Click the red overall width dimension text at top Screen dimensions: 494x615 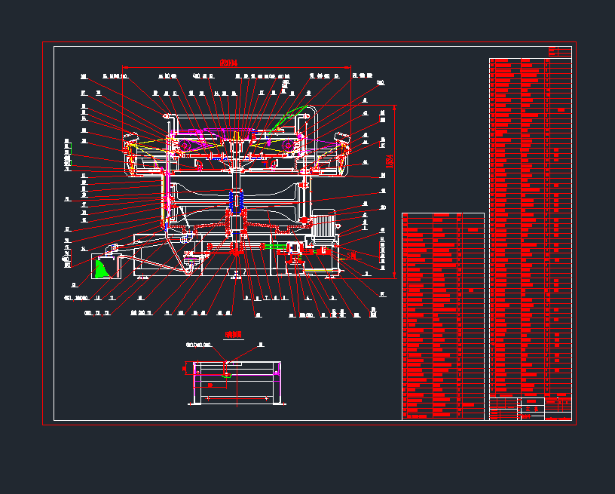click(x=228, y=63)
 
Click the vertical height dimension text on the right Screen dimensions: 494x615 click(x=390, y=161)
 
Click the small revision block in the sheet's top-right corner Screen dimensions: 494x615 click(x=560, y=51)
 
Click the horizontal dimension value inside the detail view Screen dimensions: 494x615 click(x=211, y=385)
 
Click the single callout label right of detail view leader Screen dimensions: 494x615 click(x=262, y=345)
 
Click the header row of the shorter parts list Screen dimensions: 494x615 click(x=443, y=216)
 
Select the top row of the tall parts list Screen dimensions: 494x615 click(x=530, y=61)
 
